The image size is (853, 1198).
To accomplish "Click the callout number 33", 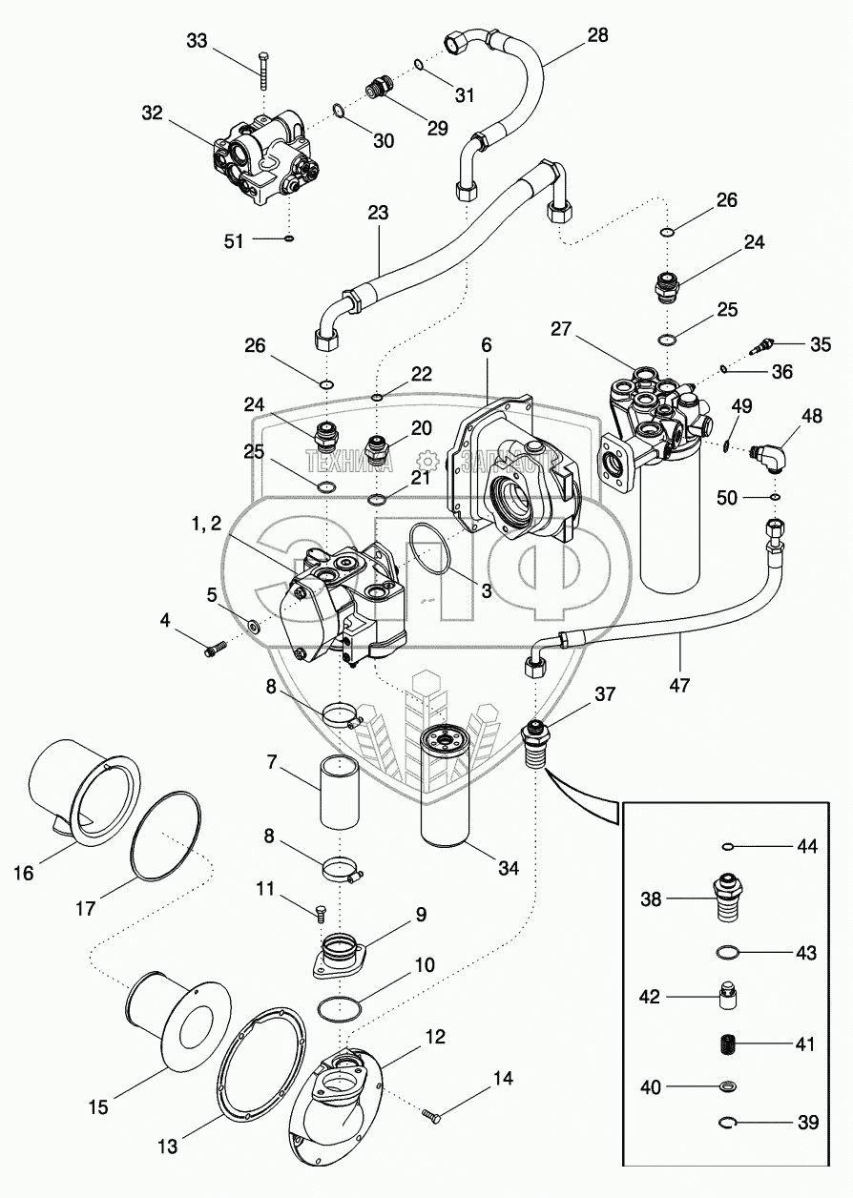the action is [197, 40].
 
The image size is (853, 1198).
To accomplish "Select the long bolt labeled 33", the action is [264, 72].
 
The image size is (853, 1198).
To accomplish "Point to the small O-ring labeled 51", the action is [289, 238].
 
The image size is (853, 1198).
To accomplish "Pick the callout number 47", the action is [679, 684].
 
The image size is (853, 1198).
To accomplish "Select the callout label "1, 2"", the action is [205, 524].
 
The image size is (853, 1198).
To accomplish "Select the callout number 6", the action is [486, 345].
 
